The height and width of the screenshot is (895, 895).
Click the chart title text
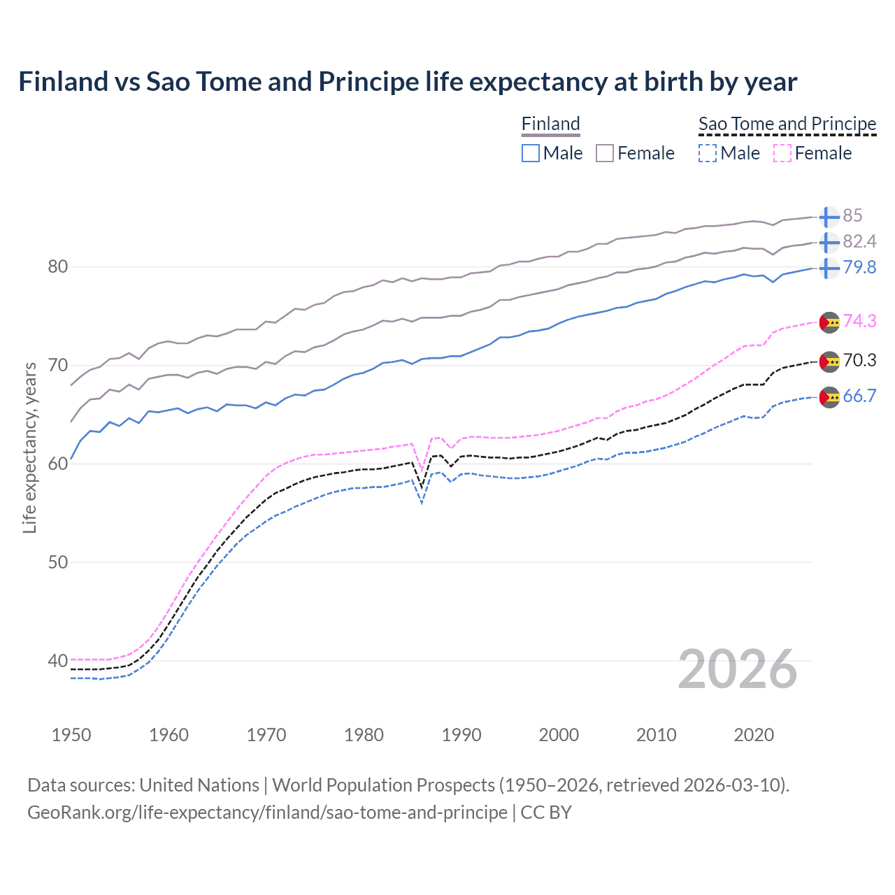point(408,82)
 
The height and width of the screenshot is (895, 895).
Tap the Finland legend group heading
point(551,124)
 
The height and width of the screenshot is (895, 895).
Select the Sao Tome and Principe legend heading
point(787,124)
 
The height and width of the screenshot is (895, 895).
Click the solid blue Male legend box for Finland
point(531,153)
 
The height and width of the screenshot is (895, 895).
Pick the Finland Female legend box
point(605,153)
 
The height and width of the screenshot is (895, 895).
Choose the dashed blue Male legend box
point(708,153)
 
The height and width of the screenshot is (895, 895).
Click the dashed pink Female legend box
point(782,153)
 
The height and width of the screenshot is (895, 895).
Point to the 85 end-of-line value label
point(852,215)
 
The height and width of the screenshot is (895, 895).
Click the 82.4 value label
point(859,241)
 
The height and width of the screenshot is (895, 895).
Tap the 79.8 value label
point(859,267)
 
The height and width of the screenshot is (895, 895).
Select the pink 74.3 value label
point(859,321)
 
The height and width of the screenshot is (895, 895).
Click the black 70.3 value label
point(859,360)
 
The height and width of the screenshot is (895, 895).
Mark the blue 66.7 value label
point(859,396)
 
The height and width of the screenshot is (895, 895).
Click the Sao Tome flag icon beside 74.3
point(829,323)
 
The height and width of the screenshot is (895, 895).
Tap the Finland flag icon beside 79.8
point(829,268)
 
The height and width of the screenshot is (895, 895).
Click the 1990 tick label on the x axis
point(461,735)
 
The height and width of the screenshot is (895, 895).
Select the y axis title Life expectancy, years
point(29,447)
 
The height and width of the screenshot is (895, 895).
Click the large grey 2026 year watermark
point(738,669)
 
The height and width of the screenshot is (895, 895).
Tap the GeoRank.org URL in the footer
point(267,812)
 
